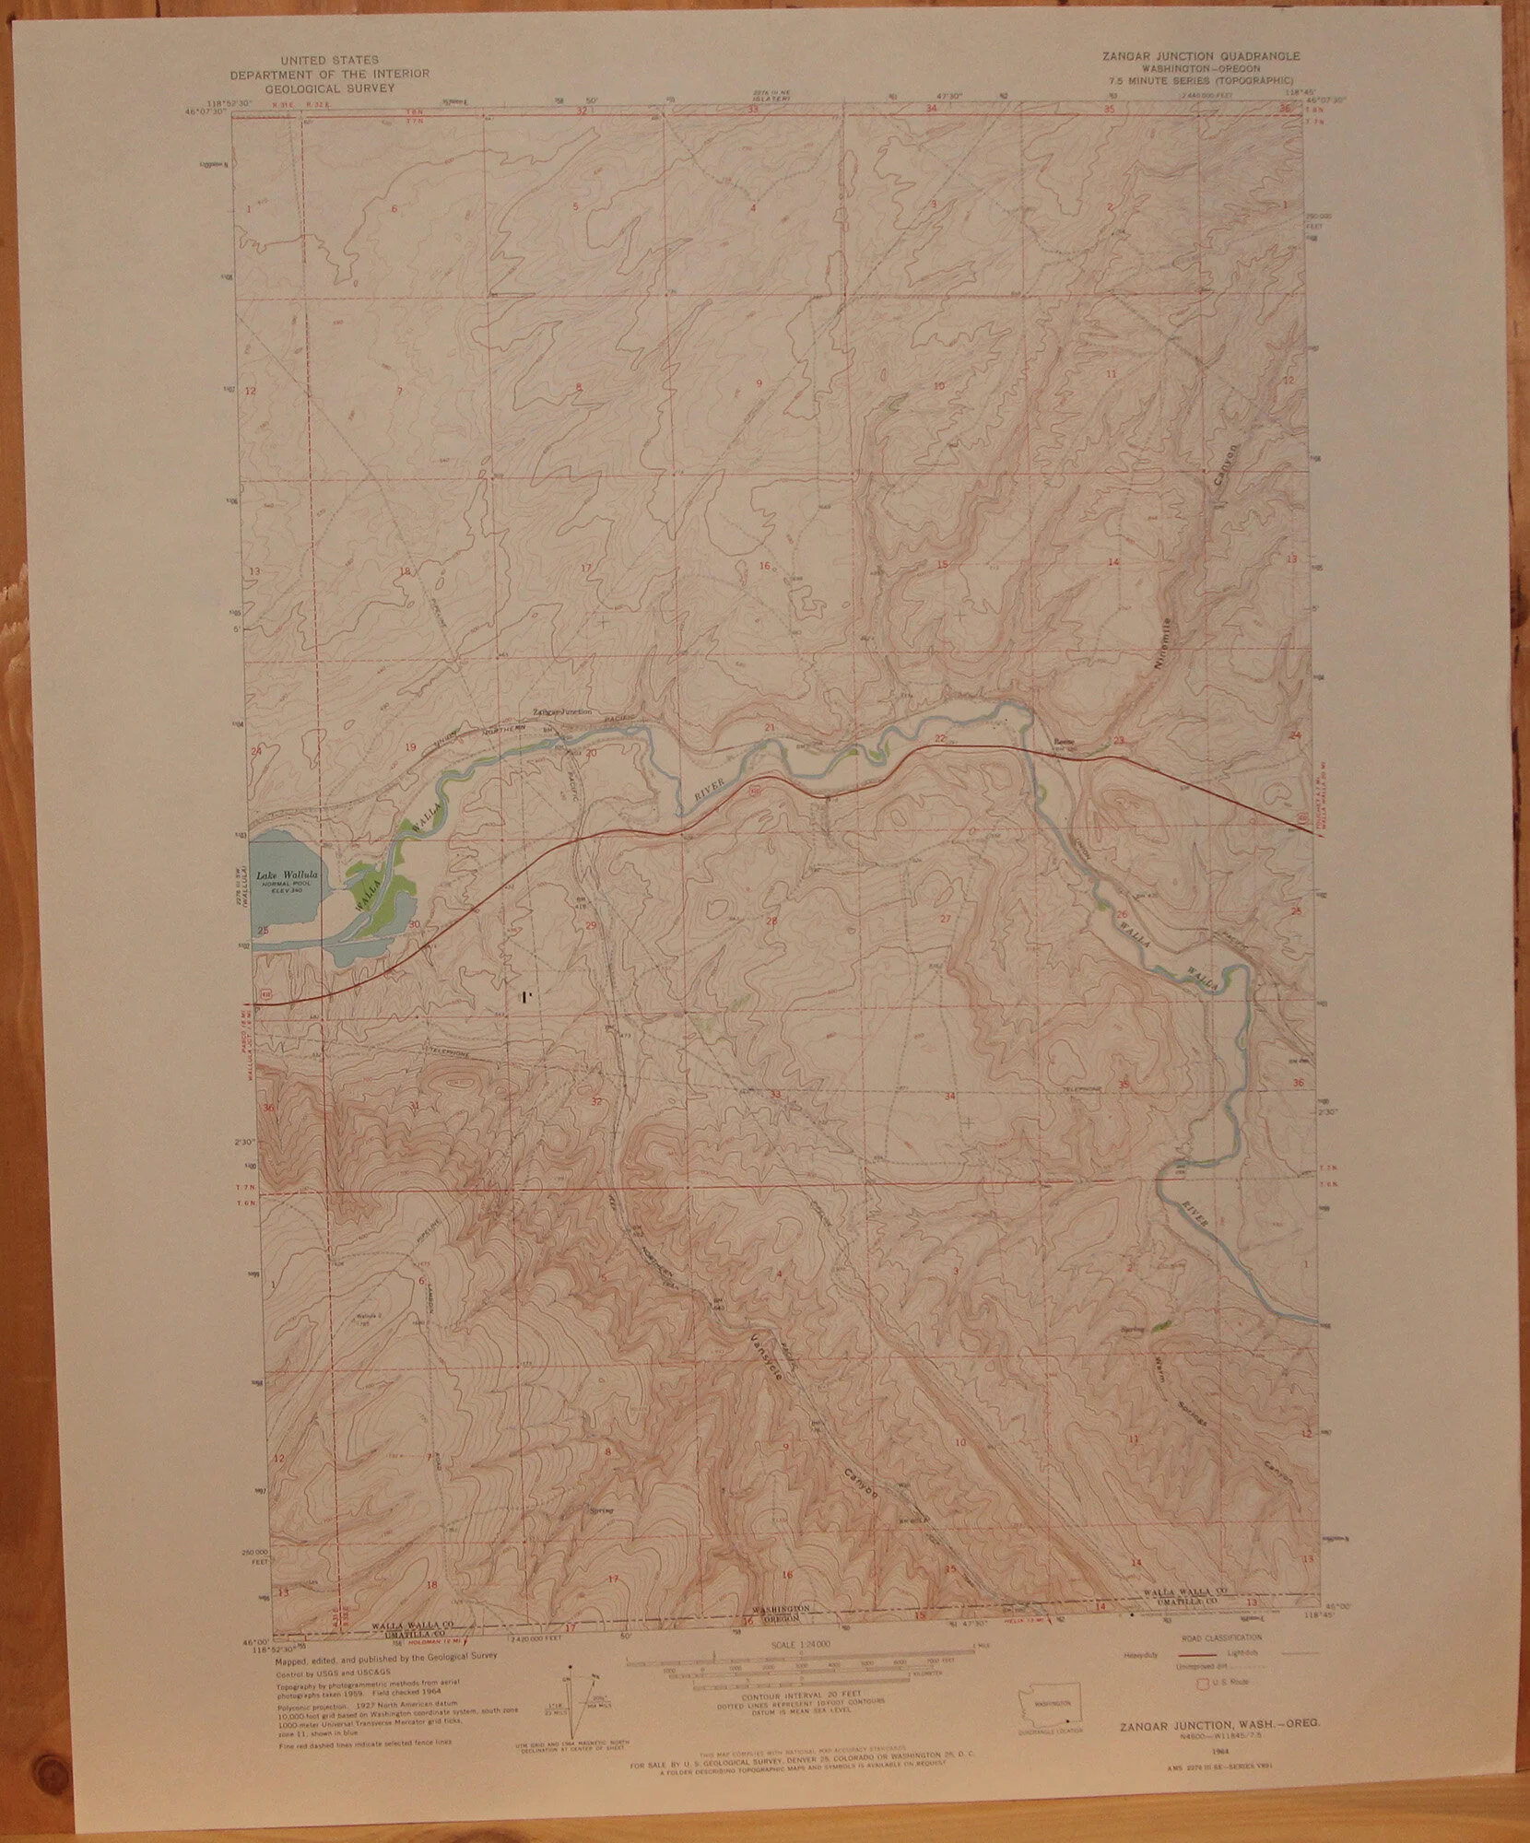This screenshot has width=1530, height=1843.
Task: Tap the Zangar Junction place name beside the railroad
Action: (563, 712)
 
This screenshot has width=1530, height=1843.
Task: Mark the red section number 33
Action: (775, 1094)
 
